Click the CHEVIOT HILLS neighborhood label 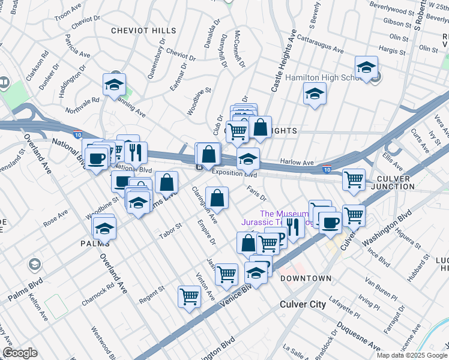point(143,30)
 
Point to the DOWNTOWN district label point(306,278)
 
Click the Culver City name point(303,304)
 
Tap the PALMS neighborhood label point(95,243)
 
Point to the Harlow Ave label point(297,163)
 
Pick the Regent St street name point(152,290)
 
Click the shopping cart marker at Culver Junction point(354,179)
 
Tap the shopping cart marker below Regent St point(189,296)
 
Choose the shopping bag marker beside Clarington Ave point(217,197)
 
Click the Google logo point(19,353)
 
